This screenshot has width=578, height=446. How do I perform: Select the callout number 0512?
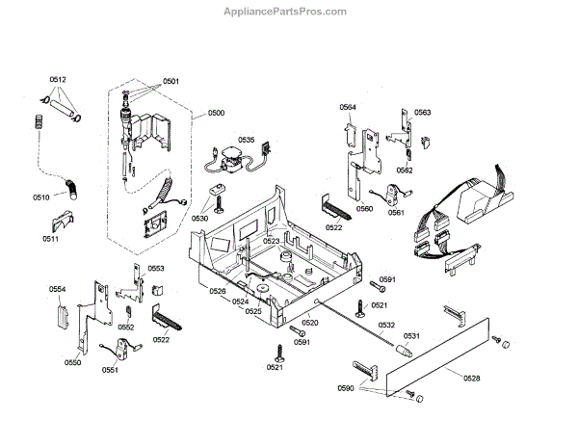[x=59, y=78]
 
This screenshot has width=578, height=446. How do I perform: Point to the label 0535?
[x=246, y=140]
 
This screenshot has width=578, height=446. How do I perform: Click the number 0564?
[x=348, y=107]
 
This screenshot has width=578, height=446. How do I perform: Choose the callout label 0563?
[x=422, y=113]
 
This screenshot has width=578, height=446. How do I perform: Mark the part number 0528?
[x=471, y=379]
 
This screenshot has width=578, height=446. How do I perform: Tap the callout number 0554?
[x=58, y=289]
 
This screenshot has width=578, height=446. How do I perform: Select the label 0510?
[x=40, y=197]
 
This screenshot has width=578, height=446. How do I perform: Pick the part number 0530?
[x=199, y=219]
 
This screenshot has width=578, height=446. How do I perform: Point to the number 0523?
[x=271, y=241]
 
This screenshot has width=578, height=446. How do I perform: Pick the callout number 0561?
[x=396, y=212]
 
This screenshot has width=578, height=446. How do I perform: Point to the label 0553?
[x=155, y=269]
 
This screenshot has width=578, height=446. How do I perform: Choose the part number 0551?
[x=110, y=369]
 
